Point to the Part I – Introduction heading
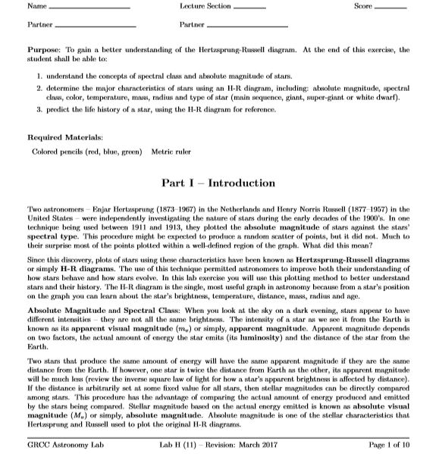click(218, 183)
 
